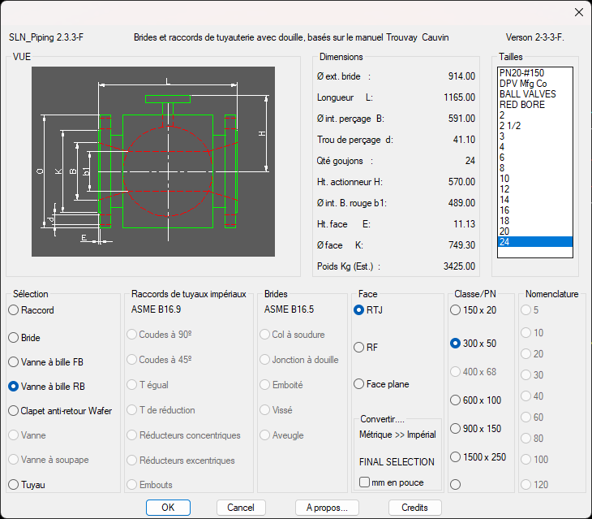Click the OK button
click(168, 508)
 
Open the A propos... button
click(327, 508)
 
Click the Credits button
click(414, 508)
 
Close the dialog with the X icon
click(578, 12)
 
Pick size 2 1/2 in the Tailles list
click(510, 126)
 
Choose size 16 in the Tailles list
click(504, 210)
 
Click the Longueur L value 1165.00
click(459, 97)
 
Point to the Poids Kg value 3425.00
click(459, 266)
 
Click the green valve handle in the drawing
click(168, 99)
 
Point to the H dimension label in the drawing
click(262, 133)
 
